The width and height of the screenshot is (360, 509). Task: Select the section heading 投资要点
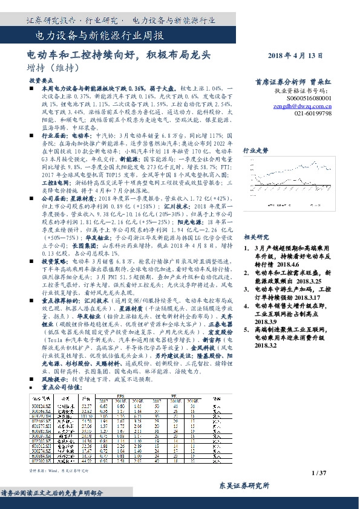click(x=39, y=80)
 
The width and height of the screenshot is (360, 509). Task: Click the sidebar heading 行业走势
click(x=255, y=150)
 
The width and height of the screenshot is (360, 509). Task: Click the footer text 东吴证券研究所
click(x=241, y=486)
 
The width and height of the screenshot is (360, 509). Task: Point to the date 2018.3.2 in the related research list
click(x=265, y=345)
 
